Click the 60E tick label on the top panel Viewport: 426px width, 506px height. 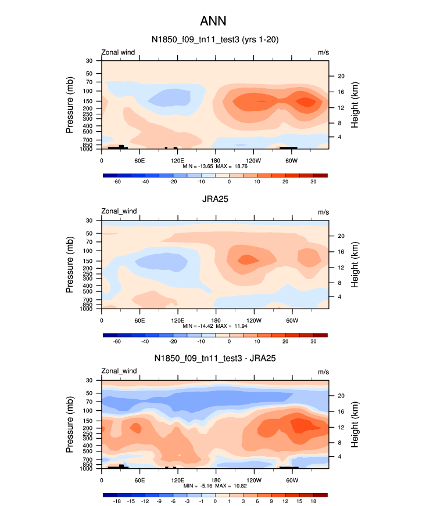click(x=139, y=160)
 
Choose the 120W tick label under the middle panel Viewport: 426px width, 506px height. click(x=253, y=320)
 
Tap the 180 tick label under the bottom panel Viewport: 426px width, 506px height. click(x=215, y=480)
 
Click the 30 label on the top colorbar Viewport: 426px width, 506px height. click(x=313, y=182)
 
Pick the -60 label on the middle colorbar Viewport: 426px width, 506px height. click(x=116, y=342)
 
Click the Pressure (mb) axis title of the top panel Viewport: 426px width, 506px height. click(x=70, y=105)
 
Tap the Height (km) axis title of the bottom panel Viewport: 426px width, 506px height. click(x=355, y=425)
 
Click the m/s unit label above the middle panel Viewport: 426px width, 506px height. click(x=323, y=211)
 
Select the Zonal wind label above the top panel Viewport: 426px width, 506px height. click(x=119, y=52)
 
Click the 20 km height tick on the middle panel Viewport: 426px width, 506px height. click(x=341, y=236)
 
